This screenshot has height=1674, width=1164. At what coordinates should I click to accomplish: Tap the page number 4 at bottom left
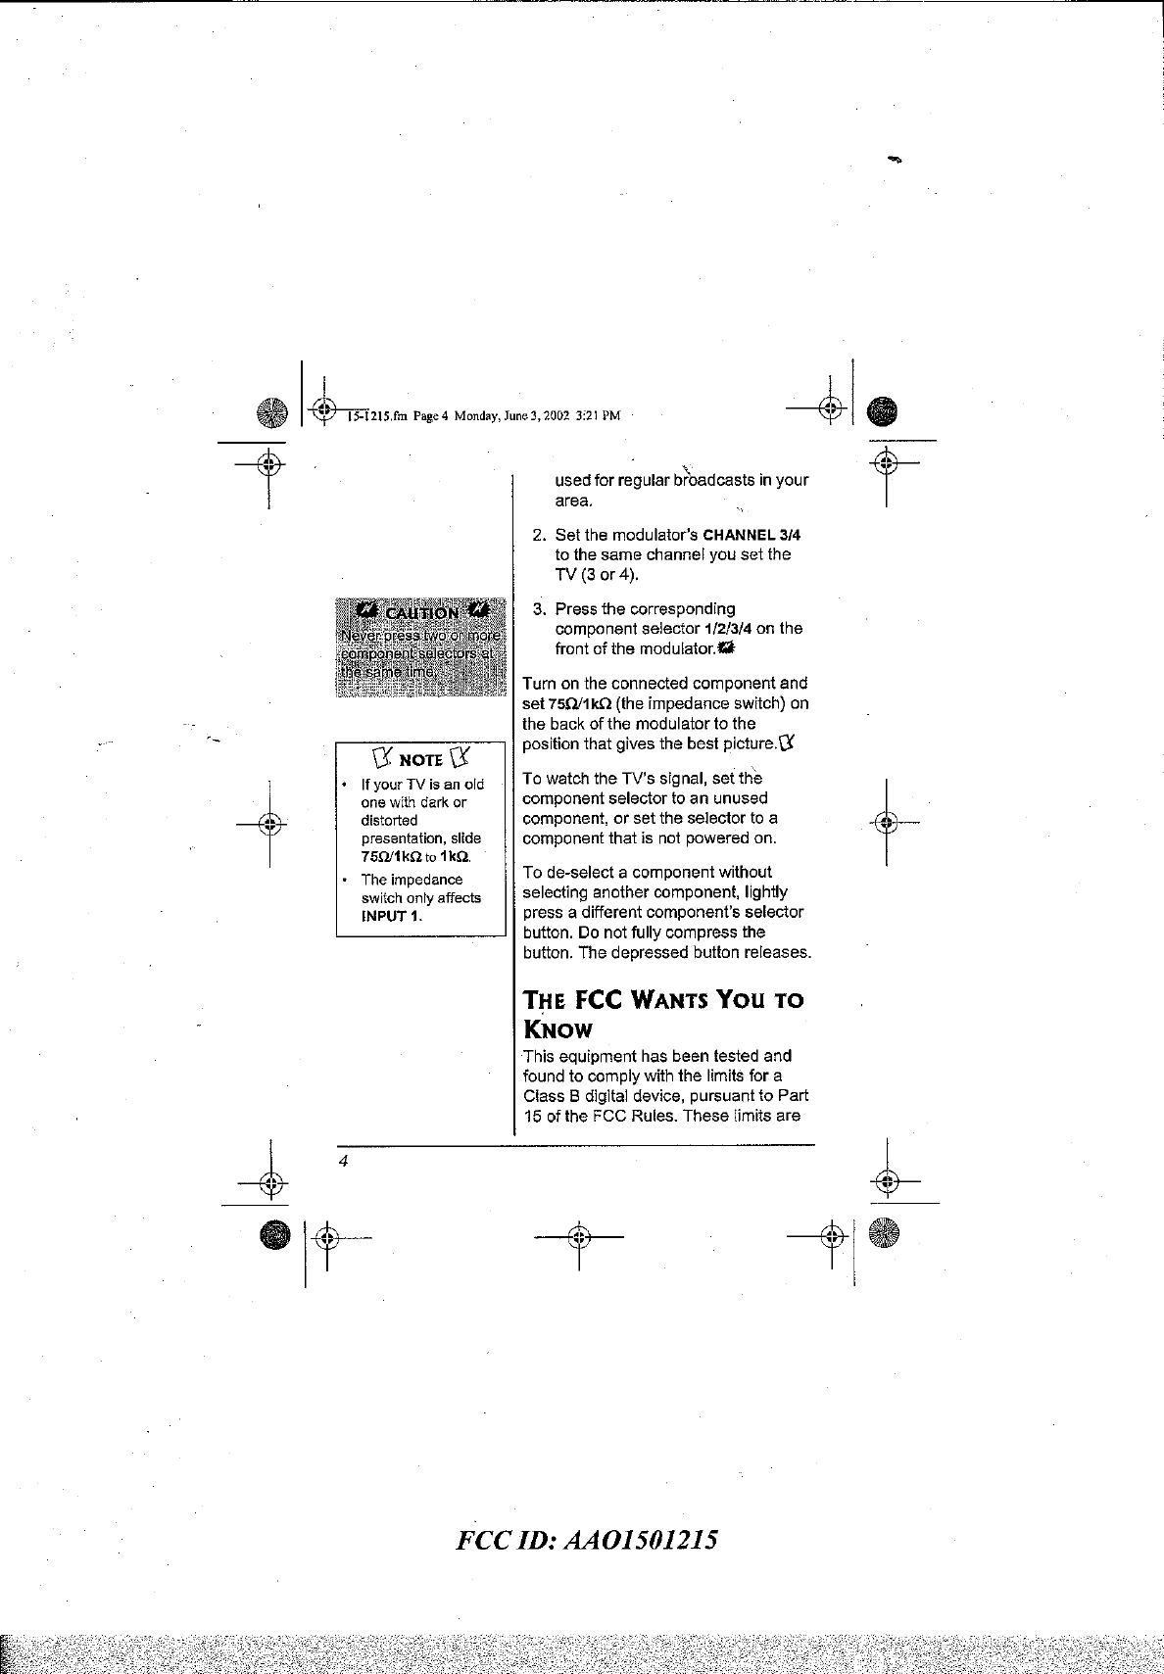(344, 1161)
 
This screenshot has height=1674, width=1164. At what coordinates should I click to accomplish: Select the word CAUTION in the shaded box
(420, 613)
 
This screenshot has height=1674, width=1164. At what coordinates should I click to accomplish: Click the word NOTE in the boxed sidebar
(420, 760)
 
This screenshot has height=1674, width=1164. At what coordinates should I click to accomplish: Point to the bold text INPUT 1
(391, 916)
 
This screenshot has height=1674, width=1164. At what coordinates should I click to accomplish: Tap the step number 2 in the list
(538, 535)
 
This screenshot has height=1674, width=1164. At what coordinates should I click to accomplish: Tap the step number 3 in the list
(538, 609)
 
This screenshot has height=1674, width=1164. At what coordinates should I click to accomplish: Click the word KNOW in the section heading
(558, 1029)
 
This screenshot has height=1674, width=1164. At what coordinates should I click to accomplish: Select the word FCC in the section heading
(593, 1001)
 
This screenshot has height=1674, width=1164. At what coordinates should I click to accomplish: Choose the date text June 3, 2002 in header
(534, 415)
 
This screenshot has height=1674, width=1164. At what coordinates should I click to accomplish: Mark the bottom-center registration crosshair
(579, 1238)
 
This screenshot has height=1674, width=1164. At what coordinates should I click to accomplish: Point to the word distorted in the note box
(389, 820)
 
